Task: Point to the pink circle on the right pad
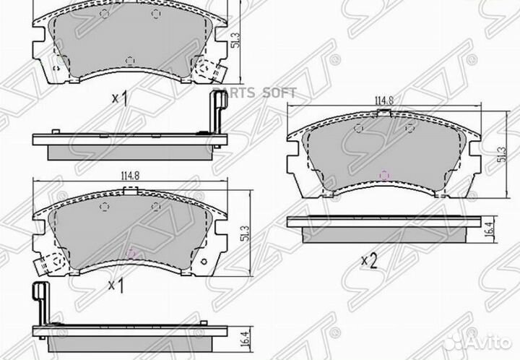point(384,175)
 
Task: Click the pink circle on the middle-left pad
point(131,253)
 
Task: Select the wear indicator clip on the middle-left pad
point(47,265)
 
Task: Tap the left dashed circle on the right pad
point(359,128)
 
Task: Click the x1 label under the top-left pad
point(121,98)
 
